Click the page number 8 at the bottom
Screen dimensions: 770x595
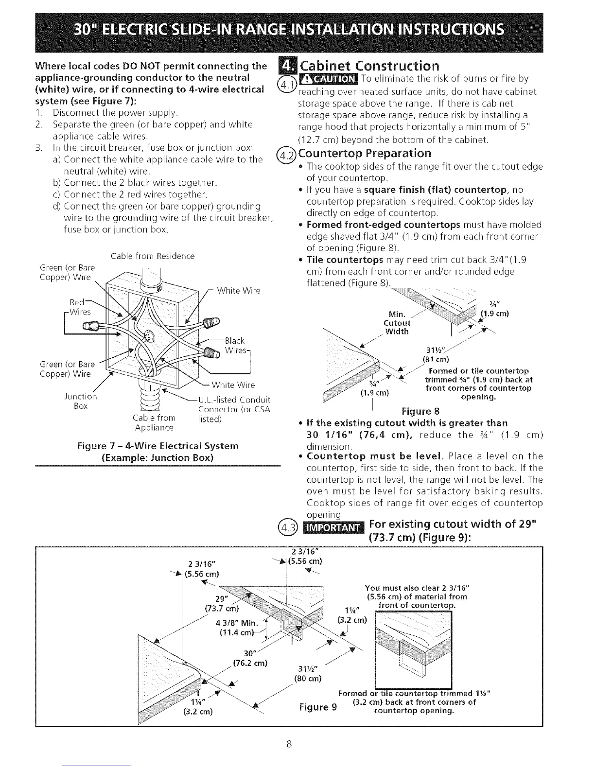(x=289, y=744)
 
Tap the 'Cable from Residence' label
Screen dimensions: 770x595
(x=153, y=256)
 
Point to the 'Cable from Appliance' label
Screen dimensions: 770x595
(x=154, y=422)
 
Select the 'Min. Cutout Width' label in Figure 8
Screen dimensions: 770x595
(x=397, y=323)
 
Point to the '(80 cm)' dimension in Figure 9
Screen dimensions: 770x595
(x=308, y=678)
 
